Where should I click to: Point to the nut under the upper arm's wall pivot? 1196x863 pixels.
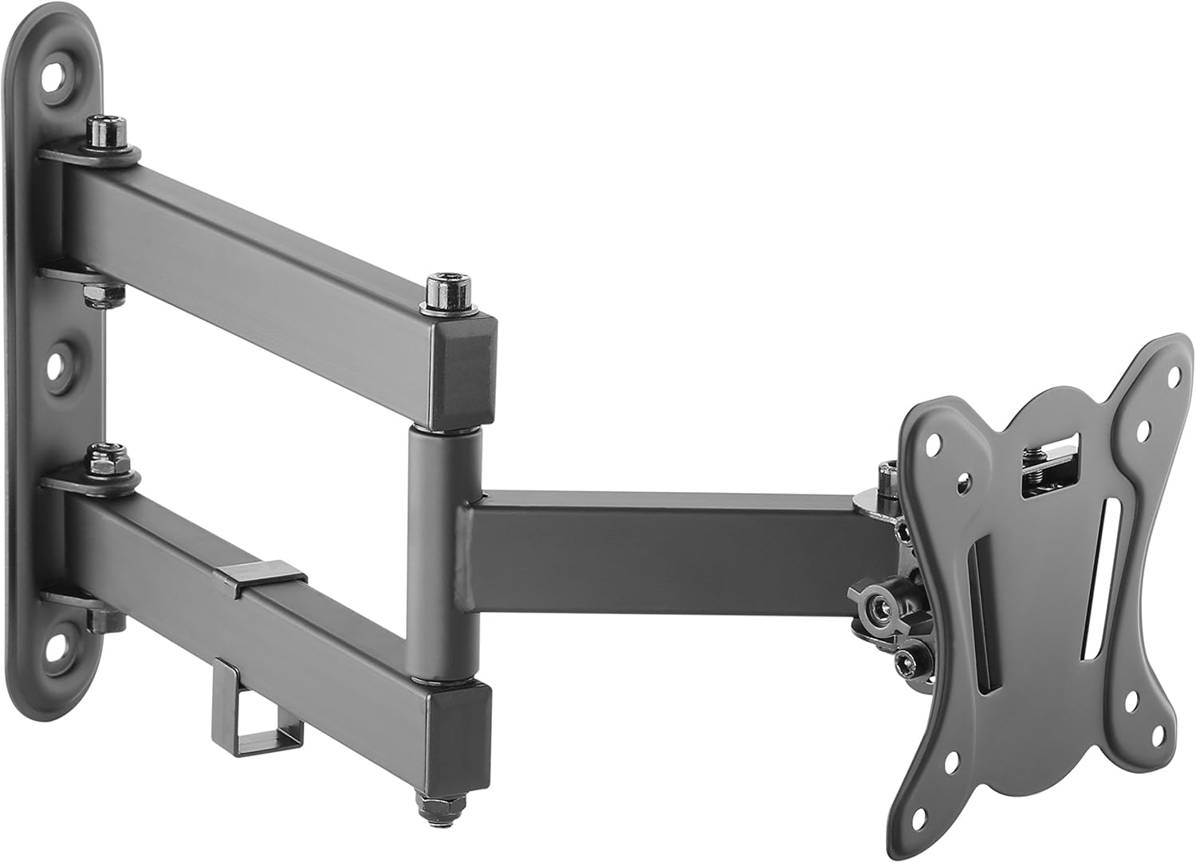103,294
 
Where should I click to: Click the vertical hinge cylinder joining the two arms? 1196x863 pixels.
443,550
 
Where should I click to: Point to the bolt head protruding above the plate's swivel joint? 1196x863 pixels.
887,476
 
